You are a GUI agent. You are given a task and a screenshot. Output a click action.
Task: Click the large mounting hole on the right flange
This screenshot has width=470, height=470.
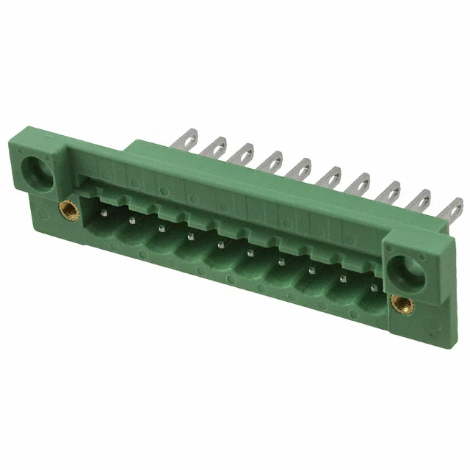coord(403,271)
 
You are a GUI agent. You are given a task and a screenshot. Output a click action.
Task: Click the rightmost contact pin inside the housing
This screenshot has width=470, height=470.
coord(373,288)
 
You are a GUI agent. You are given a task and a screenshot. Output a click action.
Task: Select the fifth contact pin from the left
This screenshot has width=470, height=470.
coord(220,245)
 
